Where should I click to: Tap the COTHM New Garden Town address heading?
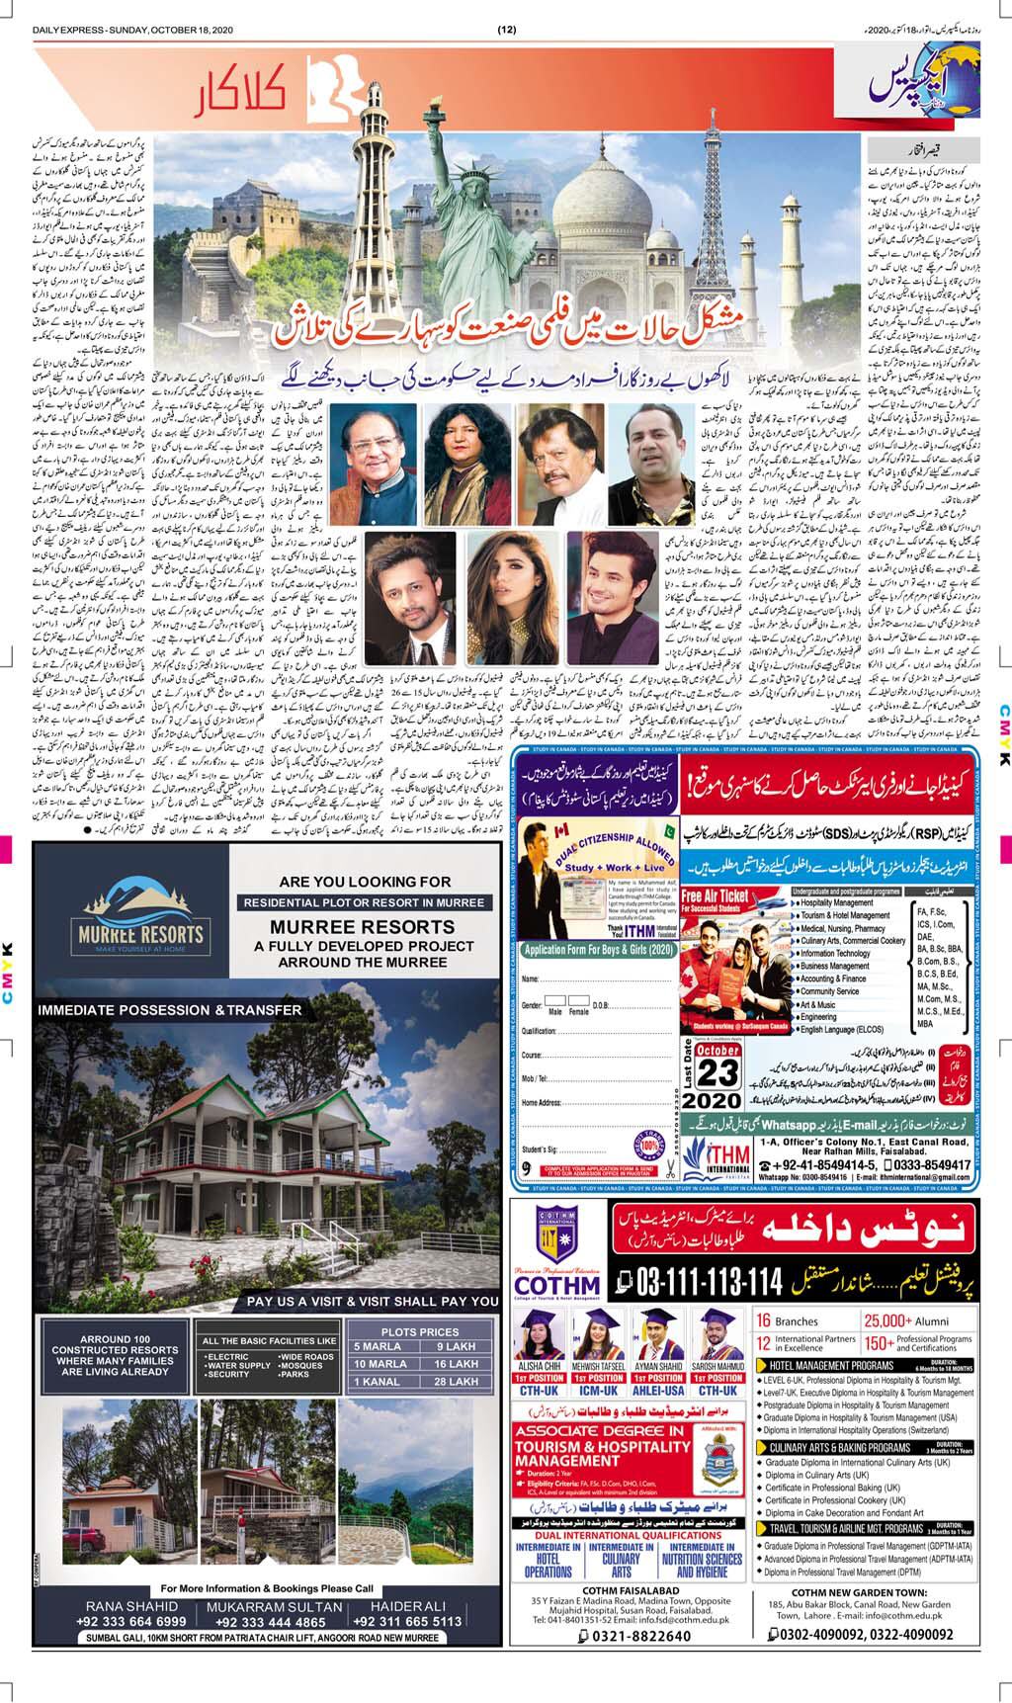pos(873,1609)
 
